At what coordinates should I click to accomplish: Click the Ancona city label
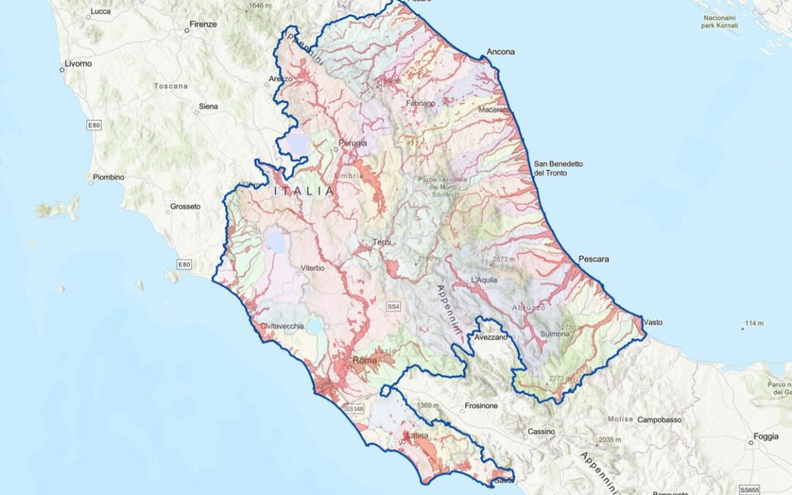(500, 52)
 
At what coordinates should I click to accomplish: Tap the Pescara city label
(594, 259)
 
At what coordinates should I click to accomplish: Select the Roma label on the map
(364, 360)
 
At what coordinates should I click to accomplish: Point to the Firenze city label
(203, 24)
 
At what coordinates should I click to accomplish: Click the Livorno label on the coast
(78, 64)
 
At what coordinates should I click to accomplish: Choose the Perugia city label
(353, 143)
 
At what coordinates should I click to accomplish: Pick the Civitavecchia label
(282, 326)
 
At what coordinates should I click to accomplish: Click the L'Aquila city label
(485, 280)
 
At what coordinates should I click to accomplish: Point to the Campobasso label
(659, 420)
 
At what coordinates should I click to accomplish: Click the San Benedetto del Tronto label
(557, 168)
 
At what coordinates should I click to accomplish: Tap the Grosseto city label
(185, 207)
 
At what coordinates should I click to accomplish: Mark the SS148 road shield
(353, 408)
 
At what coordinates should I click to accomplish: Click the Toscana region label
(171, 86)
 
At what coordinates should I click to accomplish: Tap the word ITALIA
(304, 191)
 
